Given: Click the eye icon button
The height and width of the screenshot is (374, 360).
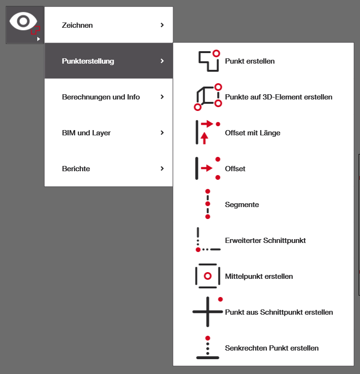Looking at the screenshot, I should (x=24, y=24).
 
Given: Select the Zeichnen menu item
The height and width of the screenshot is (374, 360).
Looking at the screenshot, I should (x=77, y=25).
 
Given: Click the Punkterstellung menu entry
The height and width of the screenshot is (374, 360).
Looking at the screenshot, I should (x=88, y=61).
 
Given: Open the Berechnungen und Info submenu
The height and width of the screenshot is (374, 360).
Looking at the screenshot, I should (x=101, y=97).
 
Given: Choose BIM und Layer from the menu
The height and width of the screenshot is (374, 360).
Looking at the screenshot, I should (x=86, y=132).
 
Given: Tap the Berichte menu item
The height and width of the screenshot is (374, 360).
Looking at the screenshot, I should (x=76, y=168).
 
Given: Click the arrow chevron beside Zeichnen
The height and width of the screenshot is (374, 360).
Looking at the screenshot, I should (x=163, y=25).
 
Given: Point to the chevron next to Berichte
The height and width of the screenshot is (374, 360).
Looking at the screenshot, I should (x=163, y=168).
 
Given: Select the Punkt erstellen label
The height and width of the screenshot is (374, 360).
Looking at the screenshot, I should (x=250, y=61).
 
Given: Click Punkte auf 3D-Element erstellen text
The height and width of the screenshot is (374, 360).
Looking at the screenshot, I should (x=278, y=97).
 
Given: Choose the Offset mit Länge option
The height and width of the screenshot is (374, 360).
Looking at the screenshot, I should (x=252, y=133).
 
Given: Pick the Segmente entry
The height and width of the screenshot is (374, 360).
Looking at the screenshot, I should (x=242, y=205).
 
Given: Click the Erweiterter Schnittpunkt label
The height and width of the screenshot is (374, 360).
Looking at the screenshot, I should (x=265, y=241).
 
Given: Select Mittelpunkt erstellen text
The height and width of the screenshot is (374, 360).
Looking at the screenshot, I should (x=259, y=276).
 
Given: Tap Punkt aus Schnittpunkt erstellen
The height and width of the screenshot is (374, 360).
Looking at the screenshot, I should (x=279, y=312).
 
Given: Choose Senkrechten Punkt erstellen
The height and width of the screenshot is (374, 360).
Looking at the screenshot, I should (x=272, y=348).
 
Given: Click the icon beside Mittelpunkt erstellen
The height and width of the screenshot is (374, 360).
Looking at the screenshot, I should (x=207, y=276).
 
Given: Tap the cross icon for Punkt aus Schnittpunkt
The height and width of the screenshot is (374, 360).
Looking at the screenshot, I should (x=208, y=311).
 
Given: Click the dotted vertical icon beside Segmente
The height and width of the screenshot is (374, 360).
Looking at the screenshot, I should (x=207, y=204).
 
